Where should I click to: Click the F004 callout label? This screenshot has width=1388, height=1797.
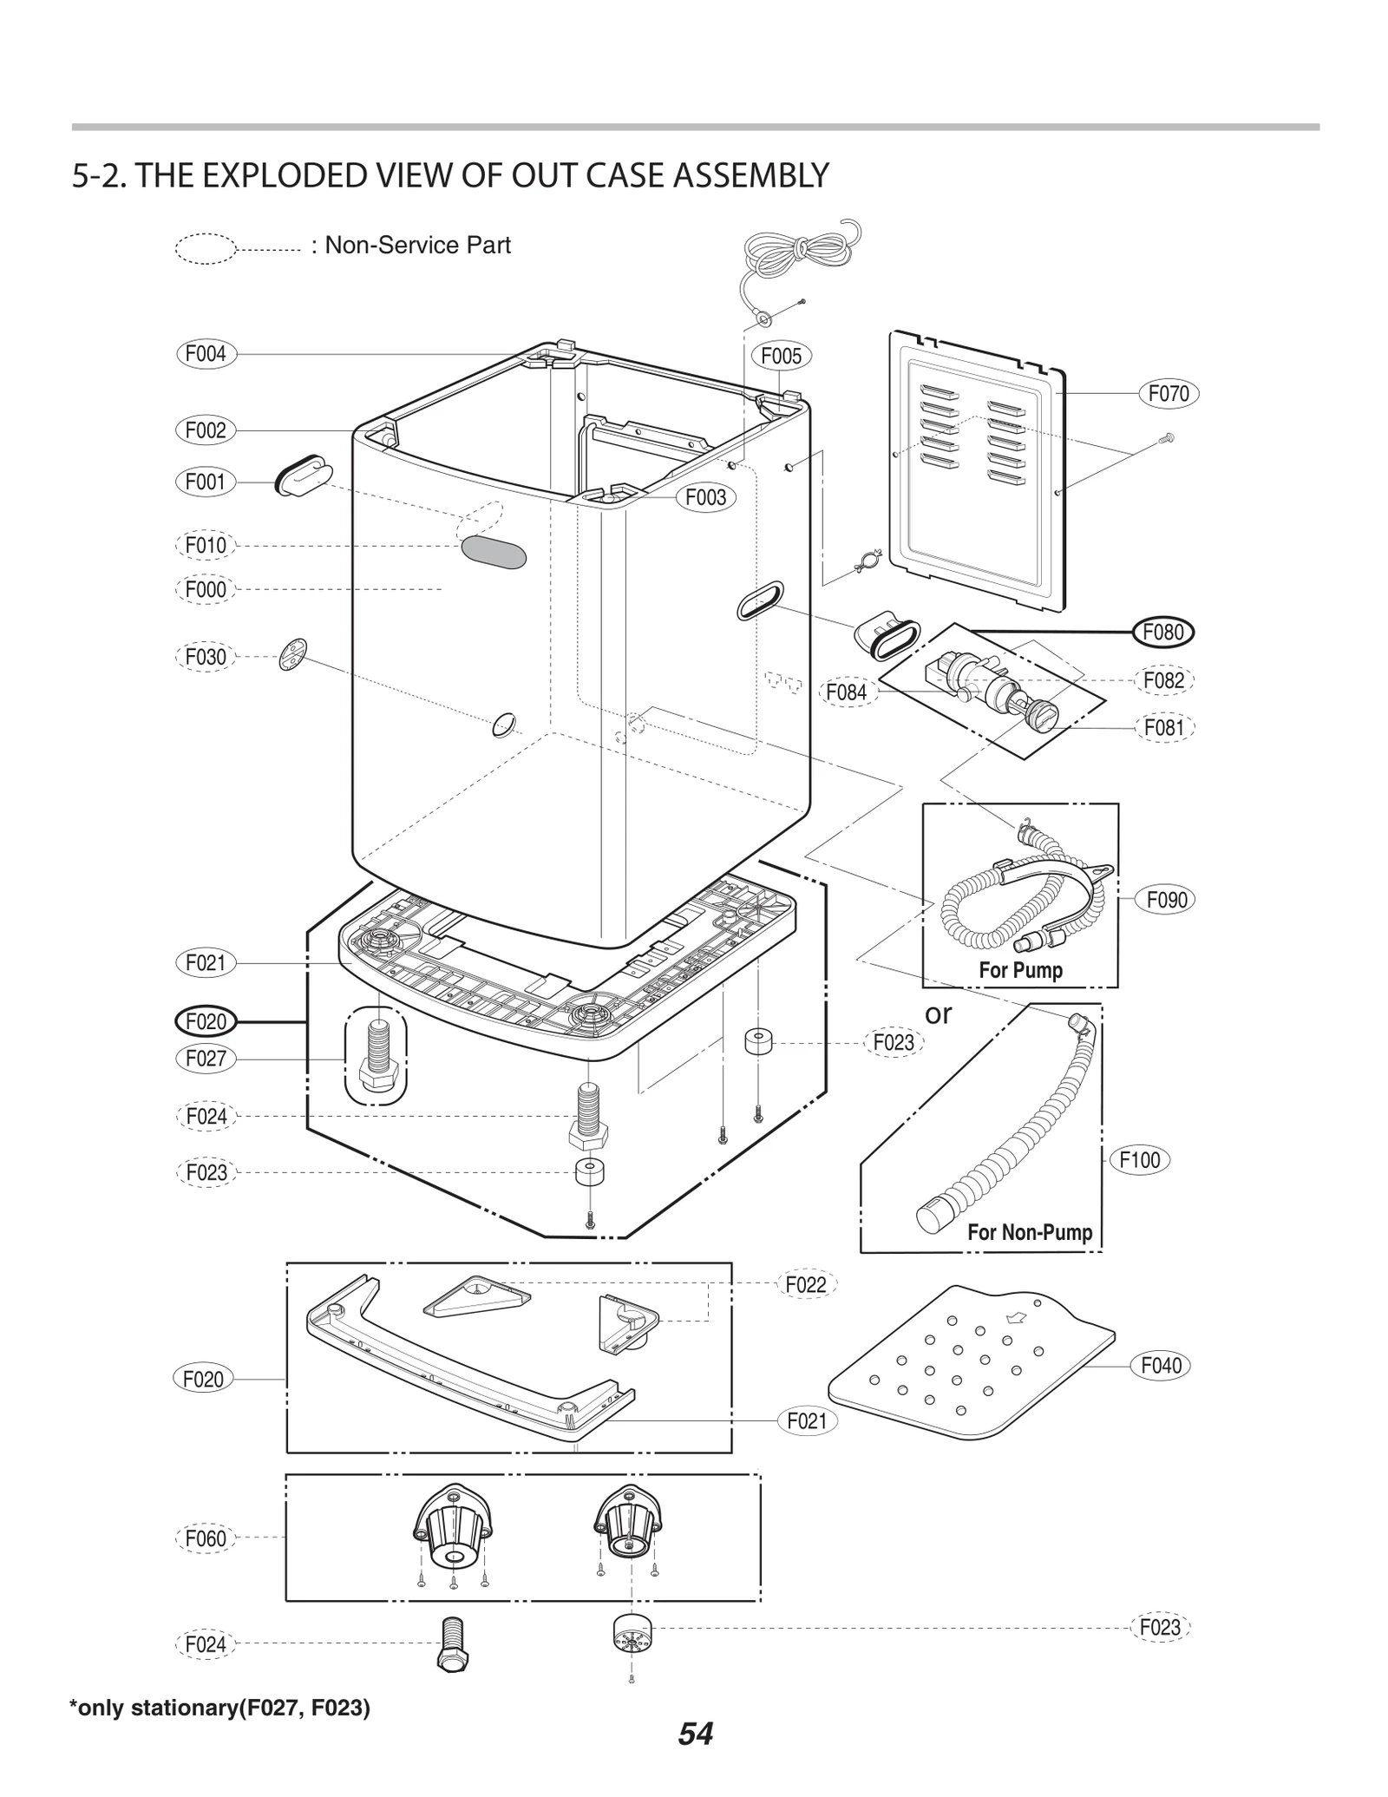(x=206, y=354)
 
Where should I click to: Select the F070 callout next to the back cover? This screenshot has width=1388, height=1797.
(x=1168, y=394)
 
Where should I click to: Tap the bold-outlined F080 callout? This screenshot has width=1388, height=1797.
(x=1163, y=633)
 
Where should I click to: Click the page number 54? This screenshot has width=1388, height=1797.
(x=695, y=1734)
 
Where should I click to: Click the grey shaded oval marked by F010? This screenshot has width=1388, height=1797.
(x=493, y=552)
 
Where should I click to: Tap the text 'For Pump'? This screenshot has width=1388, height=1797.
(x=1020, y=970)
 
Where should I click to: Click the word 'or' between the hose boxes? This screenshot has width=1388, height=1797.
(x=938, y=1013)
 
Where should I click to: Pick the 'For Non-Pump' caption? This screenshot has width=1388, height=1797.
(x=1029, y=1232)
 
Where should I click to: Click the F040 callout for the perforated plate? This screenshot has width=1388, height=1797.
(x=1161, y=1366)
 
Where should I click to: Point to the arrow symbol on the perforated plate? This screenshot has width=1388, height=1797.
(x=1013, y=1318)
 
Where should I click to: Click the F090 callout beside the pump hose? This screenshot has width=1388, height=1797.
(x=1167, y=900)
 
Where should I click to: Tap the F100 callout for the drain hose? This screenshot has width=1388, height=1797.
(x=1139, y=1160)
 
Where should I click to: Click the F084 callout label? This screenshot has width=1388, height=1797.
(x=846, y=692)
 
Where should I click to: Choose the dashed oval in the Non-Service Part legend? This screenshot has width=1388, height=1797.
(x=206, y=248)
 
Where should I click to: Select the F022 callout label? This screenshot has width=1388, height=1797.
(x=805, y=1285)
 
